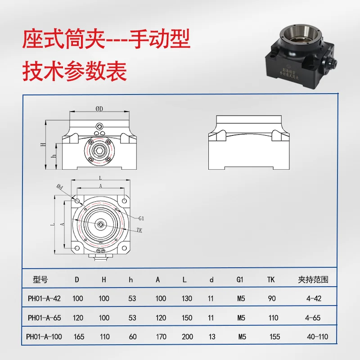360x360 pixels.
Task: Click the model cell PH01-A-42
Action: (x=44, y=298)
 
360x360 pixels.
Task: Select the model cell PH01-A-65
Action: (x=44, y=318)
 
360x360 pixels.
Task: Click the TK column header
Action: (x=271, y=279)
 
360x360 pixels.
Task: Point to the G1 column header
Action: (x=240, y=279)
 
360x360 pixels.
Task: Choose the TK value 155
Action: (x=275, y=337)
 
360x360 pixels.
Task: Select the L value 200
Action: (x=187, y=337)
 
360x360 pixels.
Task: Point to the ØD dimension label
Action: (x=100, y=109)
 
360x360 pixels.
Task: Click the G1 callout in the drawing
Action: (x=141, y=218)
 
